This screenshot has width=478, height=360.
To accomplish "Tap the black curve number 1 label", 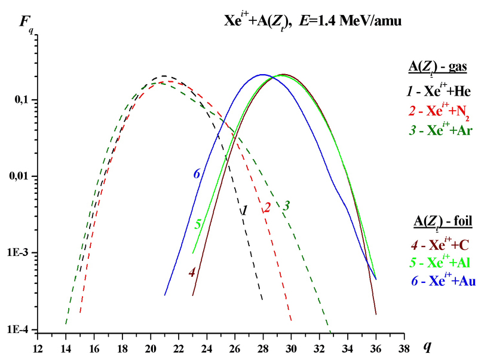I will pyautogui.click(x=244, y=210).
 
